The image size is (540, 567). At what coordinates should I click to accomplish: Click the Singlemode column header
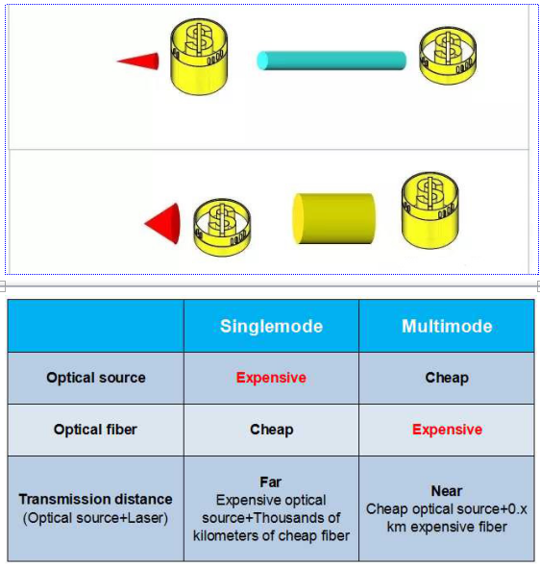pyautogui.click(x=271, y=326)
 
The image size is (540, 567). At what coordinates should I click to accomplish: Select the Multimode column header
pyautogui.click(x=447, y=326)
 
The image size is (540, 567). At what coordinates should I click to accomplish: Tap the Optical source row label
pyautogui.click(x=96, y=378)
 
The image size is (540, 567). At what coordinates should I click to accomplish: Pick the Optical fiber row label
pyautogui.click(x=95, y=430)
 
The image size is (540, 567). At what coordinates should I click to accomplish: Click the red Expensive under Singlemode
pyautogui.click(x=271, y=378)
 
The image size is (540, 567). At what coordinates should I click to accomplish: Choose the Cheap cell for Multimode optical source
pyautogui.click(x=447, y=378)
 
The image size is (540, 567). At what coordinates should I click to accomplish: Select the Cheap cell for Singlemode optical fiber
pyautogui.click(x=272, y=430)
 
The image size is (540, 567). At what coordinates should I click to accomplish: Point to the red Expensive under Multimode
pyautogui.click(x=447, y=430)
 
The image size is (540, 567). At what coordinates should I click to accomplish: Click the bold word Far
pyautogui.click(x=270, y=482)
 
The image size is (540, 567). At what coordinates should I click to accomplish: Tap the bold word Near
pyautogui.click(x=447, y=491)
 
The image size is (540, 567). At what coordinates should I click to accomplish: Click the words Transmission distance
pyautogui.click(x=95, y=499)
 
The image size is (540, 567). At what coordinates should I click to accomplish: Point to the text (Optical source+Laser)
pyautogui.click(x=95, y=518)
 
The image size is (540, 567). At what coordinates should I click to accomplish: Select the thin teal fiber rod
pyautogui.click(x=331, y=61)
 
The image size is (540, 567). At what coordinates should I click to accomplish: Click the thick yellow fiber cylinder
pyautogui.click(x=333, y=218)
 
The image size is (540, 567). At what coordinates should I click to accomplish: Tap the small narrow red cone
pyautogui.click(x=138, y=61)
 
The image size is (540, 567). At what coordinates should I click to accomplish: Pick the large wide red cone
pyautogui.click(x=162, y=224)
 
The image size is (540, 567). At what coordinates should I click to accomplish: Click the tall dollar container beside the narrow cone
pyautogui.click(x=199, y=57)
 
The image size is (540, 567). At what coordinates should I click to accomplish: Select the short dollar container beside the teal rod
pyautogui.click(x=448, y=56)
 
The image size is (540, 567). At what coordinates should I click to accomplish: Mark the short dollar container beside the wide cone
pyautogui.click(x=222, y=228)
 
